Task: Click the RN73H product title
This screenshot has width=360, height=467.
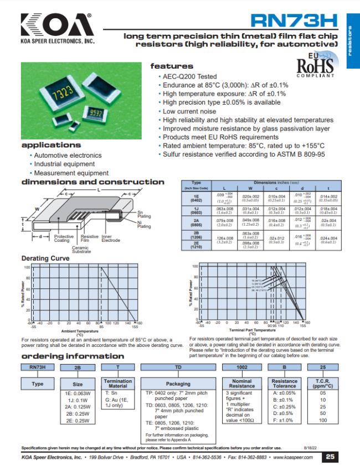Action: pyautogui.click(x=294, y=21)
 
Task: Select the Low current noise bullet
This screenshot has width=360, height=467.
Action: pyautogui.click(x=189, y=111)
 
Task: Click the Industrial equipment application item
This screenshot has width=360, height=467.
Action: pyautogui.click(x=64, y=164)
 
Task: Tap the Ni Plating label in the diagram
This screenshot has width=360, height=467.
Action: pyautogui.click(x=143, y=224)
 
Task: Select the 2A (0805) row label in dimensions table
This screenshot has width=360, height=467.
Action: pyautogui.click(x=196, y=224)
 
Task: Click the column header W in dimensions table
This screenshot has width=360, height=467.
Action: pyautogui.click(x=249, y=189)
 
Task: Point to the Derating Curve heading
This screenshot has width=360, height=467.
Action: pyautogui.click(x=45, y=258)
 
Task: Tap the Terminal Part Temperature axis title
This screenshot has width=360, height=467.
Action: pyautogui.click(x=252, y=330)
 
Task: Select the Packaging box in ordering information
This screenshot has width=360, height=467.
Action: pyautogui.click(x=178, y=383)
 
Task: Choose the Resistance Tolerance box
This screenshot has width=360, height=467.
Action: pyautogui.click(x=285, y=383)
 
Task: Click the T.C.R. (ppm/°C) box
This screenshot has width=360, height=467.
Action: pyautogui.click(x=323, y=383)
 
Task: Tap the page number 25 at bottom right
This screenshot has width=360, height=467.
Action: pyautogui.click(x=330, y=457)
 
